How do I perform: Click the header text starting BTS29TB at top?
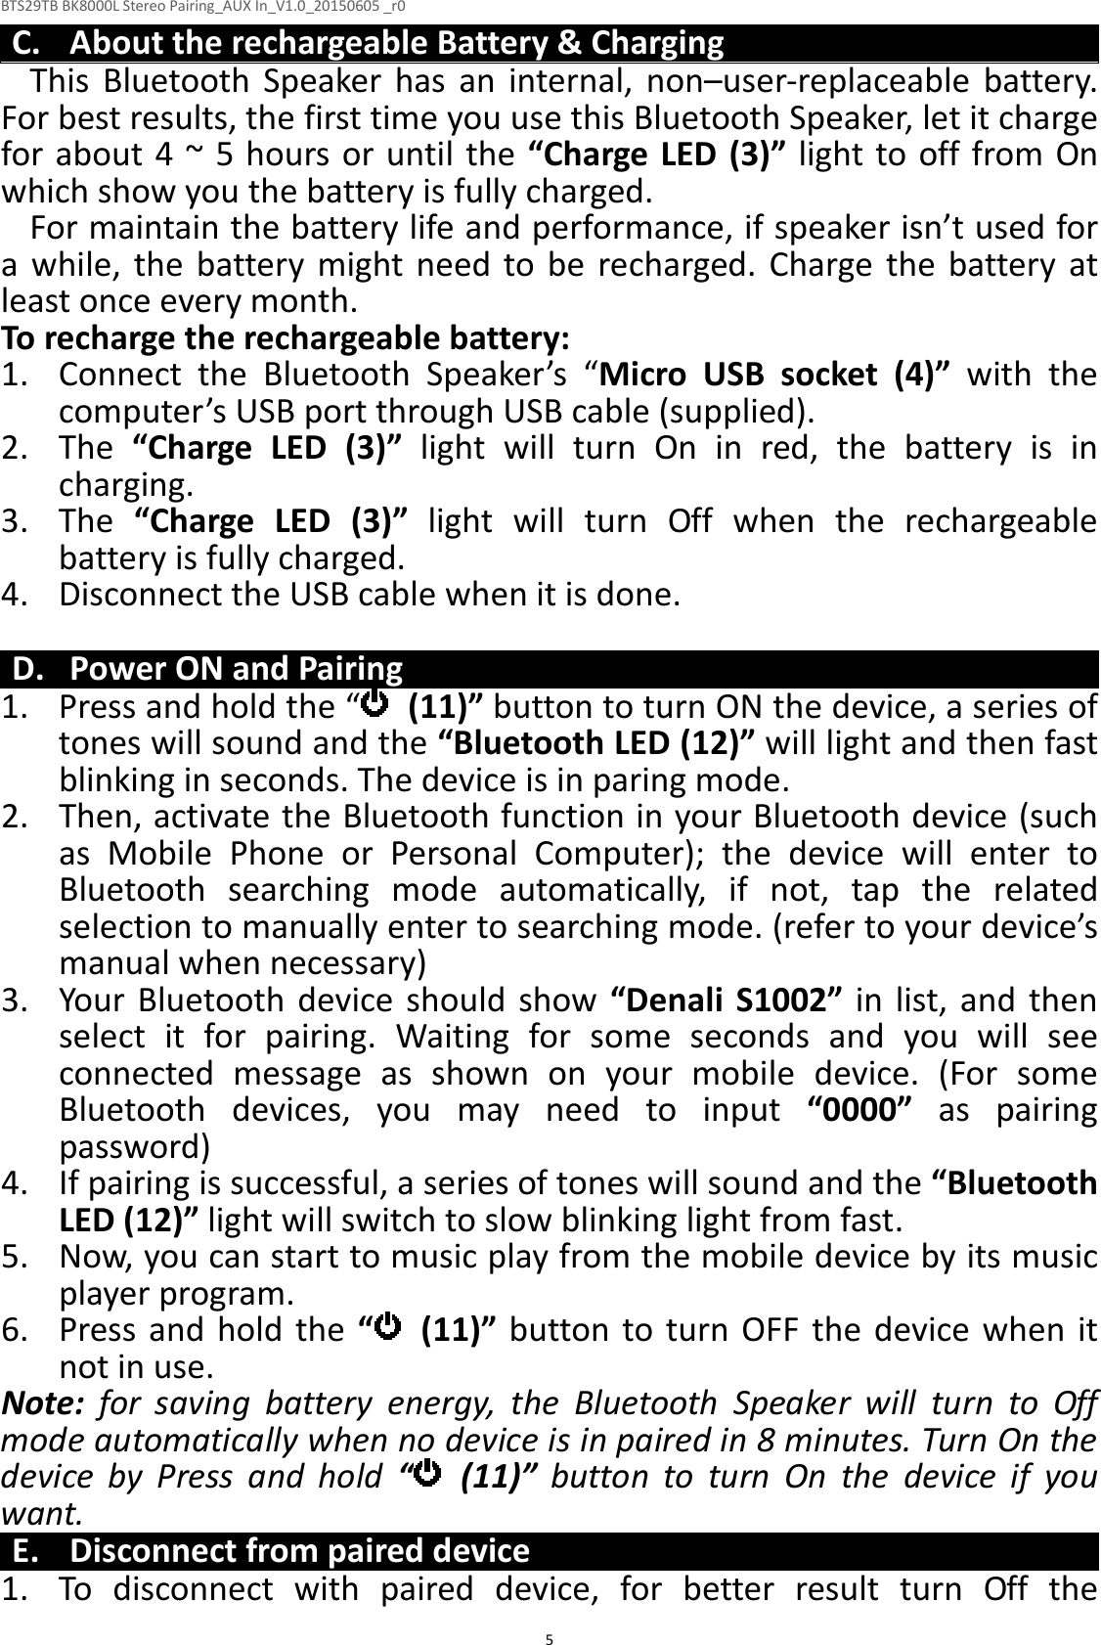tap(204, 9)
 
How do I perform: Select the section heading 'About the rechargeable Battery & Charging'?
tap(397, 44)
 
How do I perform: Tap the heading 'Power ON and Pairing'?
tap(237, 669)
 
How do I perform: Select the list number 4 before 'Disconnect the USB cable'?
tap(14, 595)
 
